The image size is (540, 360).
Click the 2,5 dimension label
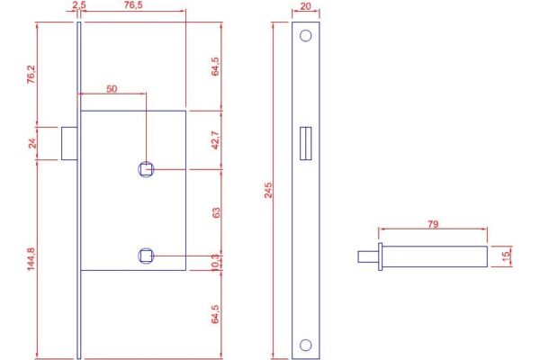point(79,4)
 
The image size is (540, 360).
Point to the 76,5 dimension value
point(133,4)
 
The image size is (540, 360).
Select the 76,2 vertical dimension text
point(31,75)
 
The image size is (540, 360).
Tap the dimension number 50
point(112,89)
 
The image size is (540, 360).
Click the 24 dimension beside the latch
point(32,143)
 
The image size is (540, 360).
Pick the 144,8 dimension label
point(31,259)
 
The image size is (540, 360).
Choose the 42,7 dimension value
point(215,139)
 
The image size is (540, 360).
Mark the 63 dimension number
point(216,212)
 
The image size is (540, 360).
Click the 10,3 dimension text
point(214,263)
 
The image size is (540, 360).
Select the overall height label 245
point(268,190)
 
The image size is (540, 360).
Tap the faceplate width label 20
point(305,6)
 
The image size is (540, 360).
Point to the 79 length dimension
point(433,224)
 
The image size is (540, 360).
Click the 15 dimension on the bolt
point(506,256)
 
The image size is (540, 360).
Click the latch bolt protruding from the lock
point(69,143)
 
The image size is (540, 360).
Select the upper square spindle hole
point(146,169)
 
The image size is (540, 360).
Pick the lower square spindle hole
point(146,256)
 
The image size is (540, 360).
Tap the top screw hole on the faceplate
point(305,35)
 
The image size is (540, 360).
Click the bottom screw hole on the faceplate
point(305,345)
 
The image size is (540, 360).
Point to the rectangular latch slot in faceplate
point(305,143)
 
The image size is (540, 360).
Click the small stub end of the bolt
point(368,256)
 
